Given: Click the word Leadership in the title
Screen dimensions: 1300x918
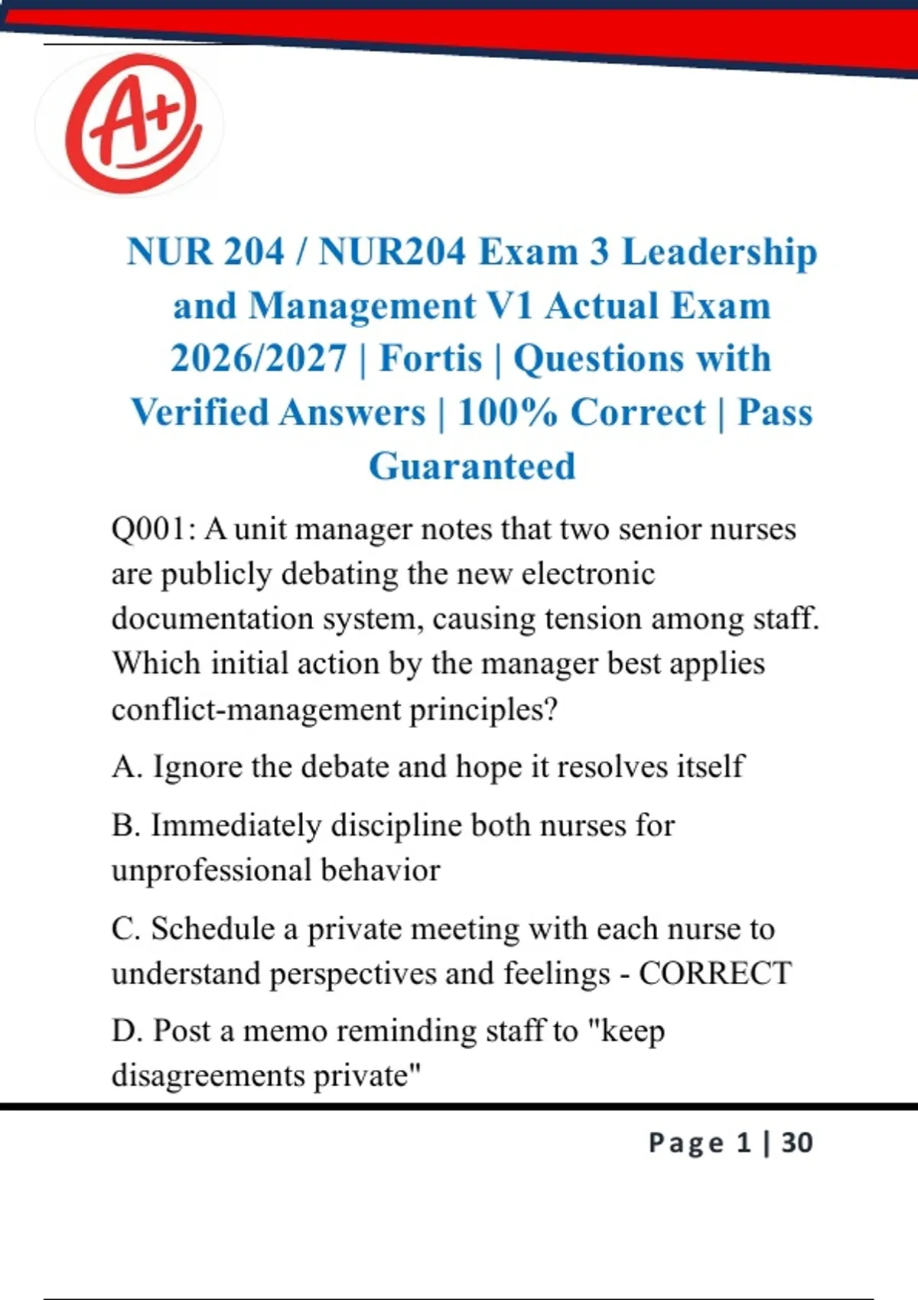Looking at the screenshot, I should coord(719,252).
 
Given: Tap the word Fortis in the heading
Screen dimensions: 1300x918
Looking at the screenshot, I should coord(431,359).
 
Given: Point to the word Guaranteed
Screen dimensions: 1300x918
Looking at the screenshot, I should coord(472,466).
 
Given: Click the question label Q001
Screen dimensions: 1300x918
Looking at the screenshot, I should coord(152,529).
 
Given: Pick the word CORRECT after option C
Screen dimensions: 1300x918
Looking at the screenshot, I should coord(715,973).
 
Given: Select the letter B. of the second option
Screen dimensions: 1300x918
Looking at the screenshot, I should coord(125,826).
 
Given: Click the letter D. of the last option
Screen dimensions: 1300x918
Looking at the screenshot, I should coord(127,1031).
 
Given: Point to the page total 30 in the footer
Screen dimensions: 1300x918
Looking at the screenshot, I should coord(797,1142).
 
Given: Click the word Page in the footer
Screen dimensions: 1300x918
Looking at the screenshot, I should coord(685,1142).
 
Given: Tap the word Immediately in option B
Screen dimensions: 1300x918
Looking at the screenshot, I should coord(236,826).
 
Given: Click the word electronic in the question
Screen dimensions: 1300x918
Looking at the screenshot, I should coord(588,574).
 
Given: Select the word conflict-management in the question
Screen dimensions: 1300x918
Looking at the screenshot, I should coord(256,710).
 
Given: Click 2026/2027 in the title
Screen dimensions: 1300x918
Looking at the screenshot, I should coord(258,359).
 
